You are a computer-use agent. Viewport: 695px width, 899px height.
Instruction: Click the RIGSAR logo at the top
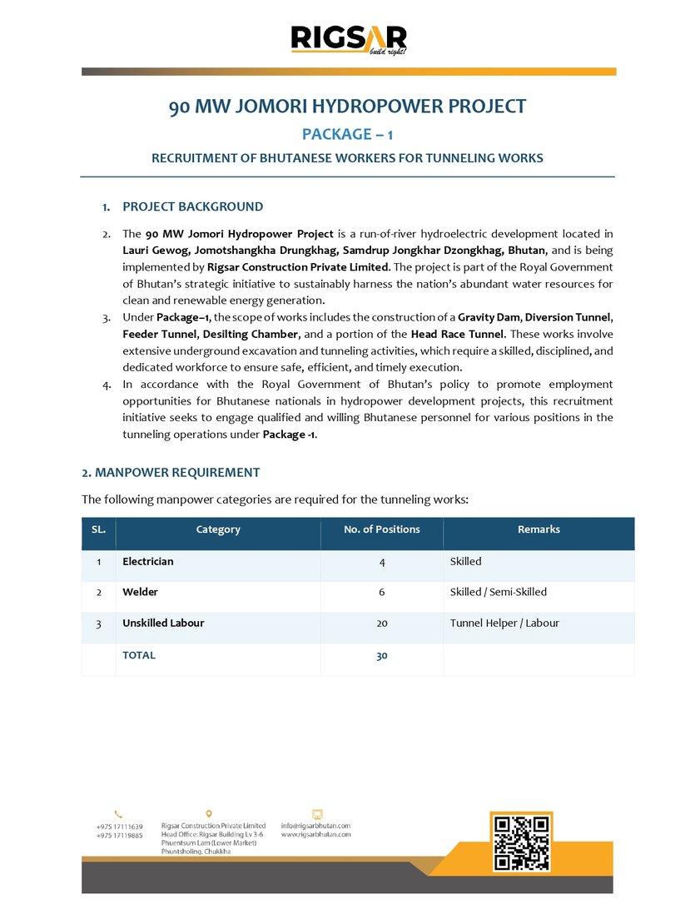point(348,40)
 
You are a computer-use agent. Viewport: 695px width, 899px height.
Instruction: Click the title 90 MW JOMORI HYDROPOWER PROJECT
point(348,107)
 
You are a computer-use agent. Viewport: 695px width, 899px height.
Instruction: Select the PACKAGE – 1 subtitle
point(348,134)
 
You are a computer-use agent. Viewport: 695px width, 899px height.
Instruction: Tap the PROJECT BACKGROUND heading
point(192,206)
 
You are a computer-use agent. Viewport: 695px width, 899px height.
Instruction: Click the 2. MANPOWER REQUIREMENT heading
point(171,473)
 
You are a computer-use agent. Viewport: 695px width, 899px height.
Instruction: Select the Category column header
point(218,529)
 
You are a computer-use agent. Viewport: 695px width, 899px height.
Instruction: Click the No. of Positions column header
point(381,529)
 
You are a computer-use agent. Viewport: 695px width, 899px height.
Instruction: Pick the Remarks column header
point(539,529)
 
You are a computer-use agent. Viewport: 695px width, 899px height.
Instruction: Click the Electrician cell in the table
point(148,562)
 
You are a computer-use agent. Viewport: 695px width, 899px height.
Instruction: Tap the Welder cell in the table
point(140,592)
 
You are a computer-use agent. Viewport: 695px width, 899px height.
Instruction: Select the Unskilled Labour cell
point(163,623)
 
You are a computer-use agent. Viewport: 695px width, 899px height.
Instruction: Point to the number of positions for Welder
point(381,592)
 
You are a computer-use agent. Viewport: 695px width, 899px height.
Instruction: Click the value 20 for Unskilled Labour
point(381,623)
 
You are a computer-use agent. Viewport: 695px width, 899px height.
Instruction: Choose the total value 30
point(381,656)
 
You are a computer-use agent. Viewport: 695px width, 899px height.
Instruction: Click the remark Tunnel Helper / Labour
point(504,623)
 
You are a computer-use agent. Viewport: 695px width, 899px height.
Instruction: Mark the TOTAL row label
point(139,655)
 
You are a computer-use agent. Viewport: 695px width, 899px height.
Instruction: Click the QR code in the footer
point(522,843)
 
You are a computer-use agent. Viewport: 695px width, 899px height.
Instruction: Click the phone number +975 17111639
point(119,827)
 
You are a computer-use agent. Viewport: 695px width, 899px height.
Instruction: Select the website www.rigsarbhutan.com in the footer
point(315,834)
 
